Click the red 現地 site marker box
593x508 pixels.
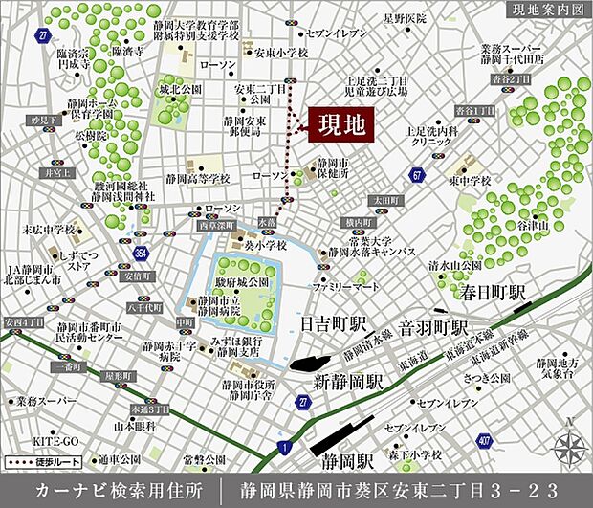coord(340,124)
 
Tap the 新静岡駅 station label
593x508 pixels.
coord(349,381)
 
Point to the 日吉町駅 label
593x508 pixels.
coord(332,325)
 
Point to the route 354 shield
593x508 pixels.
coord(141,253)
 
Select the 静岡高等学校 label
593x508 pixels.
coord(197,178)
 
